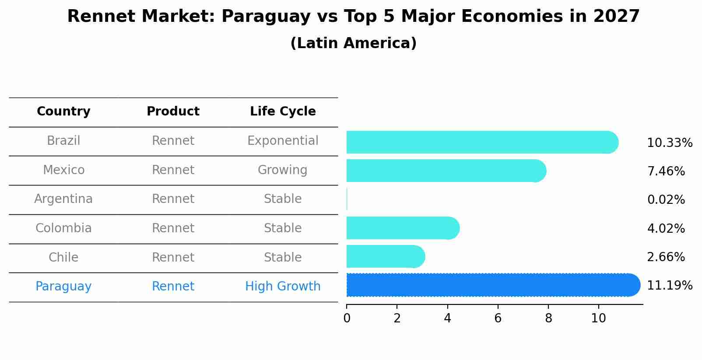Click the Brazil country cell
(x=63, y=141)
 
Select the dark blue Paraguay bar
(x=492, y=285)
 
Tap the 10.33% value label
(x=669, y=143)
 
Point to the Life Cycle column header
(x=283, y=112)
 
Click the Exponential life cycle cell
(x=283, y=141)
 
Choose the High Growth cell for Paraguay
(x=283, y=287)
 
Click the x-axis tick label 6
(x=498, y=318)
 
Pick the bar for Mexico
(x=446, y=171)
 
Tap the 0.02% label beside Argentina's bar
(x=666, y=200)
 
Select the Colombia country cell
(x=63, y=228)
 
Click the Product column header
(x=173, y=112)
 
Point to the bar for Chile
(x=385, y=257)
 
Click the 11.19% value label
(x=669, y=286)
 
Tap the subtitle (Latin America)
(x=353, y=43)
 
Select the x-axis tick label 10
(x=598, y=318)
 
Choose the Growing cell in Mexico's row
(x=283, y=170)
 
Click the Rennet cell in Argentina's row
(x=173, y=199)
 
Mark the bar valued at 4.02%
(x=403, y=228)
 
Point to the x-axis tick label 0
(x=347, y=318)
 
